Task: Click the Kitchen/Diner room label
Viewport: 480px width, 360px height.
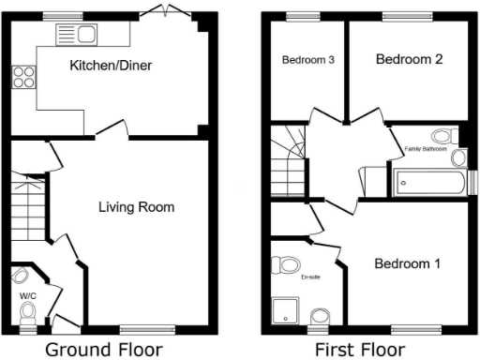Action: click(x=111, y=66)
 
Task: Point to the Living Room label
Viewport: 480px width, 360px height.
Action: click(x=136, y=206)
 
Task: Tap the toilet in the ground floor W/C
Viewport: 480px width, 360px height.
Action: click(x=26, y=310)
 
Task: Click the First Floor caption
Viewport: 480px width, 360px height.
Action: click(x=360, y=350)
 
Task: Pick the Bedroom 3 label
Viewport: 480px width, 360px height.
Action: click(x=308, y=60)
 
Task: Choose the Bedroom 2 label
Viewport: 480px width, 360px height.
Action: click(x=409, y=59)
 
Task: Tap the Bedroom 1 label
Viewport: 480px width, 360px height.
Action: click(x=407, y=263)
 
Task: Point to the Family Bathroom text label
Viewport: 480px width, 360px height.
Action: click(x=425, y=148)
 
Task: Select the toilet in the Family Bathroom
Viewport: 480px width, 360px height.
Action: click(x=454, y=137)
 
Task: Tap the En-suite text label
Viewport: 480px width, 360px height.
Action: click(x=309, y=277)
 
